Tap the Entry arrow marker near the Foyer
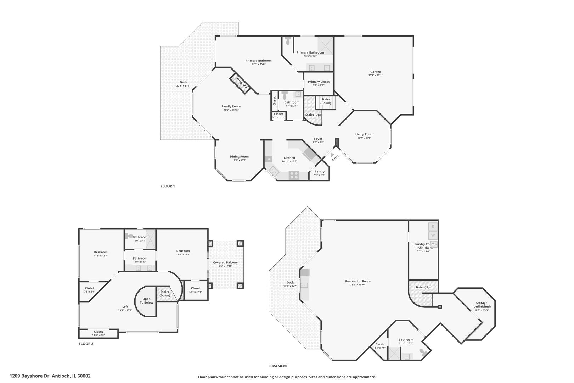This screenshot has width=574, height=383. pos(332,155)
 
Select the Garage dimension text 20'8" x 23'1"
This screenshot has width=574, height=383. pos(375,75)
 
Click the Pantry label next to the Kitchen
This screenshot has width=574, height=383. pos(319,172)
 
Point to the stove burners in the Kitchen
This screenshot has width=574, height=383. pos(294,174)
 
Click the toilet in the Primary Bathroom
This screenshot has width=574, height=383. pos(288,41)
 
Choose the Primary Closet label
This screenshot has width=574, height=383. pos(319,82)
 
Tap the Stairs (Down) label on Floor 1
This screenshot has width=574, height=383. pos(326,101)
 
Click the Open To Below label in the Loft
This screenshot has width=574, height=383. pos(146,301)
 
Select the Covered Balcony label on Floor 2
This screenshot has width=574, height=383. pos(225,262)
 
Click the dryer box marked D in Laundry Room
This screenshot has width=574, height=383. pos(433,226)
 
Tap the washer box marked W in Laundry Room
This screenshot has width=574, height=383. pos(433,235)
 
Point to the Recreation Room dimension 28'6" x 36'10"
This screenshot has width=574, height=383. pos(358,284)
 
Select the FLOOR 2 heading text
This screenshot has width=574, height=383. pos(86,344)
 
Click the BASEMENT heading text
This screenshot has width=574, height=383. pos(278,366)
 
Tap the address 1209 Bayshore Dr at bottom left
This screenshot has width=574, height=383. pos(50,376)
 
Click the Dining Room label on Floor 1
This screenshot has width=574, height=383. pos(239,156)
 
